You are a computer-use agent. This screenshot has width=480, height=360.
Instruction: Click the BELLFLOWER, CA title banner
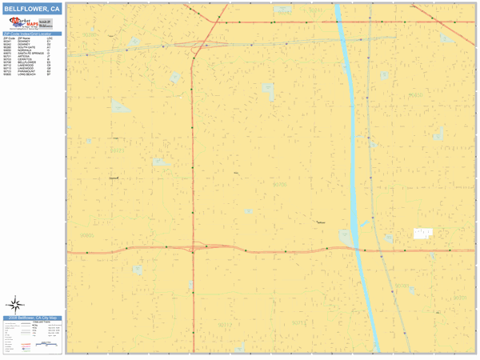point(32,9)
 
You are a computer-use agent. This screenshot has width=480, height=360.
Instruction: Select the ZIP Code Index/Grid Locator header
point(32,34)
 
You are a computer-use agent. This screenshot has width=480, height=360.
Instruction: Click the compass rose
point(16,304)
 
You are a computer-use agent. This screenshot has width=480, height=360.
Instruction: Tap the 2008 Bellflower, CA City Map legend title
point(32,318)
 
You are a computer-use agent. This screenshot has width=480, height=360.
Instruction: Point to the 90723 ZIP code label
point(117,150)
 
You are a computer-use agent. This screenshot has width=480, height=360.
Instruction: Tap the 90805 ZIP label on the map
point(87,235)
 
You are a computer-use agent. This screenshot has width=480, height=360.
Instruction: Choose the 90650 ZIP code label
point(416,95)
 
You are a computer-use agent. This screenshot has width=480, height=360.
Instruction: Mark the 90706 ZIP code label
point(280,185)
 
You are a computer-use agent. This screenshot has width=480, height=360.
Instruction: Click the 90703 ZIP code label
point(402,286)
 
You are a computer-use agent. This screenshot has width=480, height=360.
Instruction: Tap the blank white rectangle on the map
point(422,233)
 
